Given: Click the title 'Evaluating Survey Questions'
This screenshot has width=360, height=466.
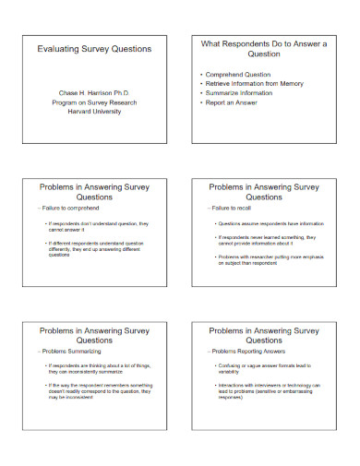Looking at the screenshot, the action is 94,48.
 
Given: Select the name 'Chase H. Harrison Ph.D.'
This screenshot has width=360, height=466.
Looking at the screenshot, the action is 94,91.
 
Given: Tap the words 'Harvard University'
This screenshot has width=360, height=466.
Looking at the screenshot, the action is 94,110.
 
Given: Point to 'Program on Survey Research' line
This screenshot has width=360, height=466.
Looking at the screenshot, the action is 94,101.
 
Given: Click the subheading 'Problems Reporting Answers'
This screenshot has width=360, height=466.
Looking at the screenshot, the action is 246,352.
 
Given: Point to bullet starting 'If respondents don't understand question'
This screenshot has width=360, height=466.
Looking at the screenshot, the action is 90,227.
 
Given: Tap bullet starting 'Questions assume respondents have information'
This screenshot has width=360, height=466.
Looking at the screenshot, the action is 270,223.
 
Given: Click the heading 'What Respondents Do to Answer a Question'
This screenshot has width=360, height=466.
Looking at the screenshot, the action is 265,48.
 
